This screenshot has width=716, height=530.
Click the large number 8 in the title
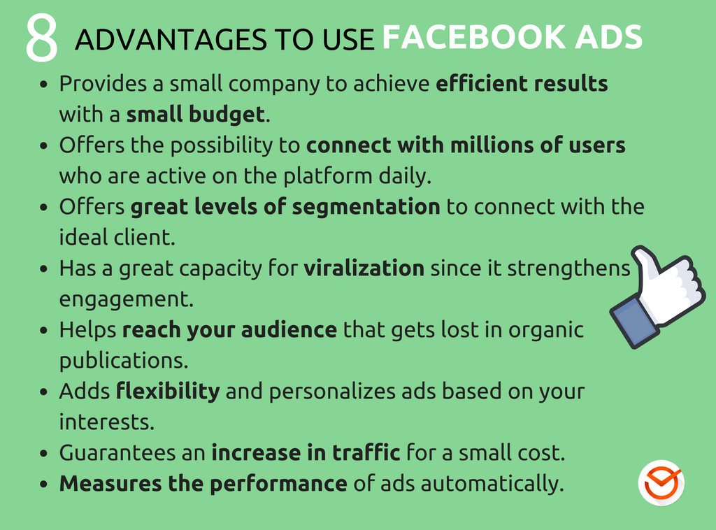tap(41, 38)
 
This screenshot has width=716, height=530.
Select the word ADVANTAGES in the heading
tap(171, 39)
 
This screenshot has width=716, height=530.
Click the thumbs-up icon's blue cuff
tap(632, 321)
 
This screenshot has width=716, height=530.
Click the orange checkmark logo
tap(661, 482)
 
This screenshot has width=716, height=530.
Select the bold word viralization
tap(364, 268)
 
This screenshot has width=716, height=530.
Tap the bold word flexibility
tap(168, 392)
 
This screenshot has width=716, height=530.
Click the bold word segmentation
tap(366, 207)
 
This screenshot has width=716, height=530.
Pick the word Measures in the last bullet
tap(110, 483)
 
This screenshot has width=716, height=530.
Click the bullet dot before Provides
tap(44, 84)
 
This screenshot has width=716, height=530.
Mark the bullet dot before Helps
tap(44, 330)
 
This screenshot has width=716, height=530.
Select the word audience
tap(289, 329)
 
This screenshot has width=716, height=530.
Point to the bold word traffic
tap(366, 452)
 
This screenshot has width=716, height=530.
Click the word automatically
tap(492, 484)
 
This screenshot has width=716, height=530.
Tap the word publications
tap(124, 361)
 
